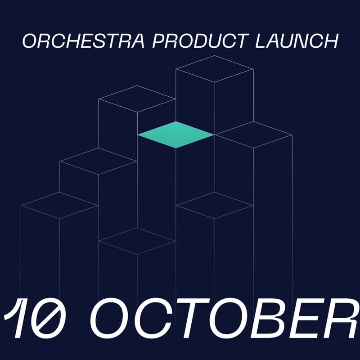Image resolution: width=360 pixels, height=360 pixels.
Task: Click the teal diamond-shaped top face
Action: coord(175,135)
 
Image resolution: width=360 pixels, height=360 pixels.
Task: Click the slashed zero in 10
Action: coord(52,319)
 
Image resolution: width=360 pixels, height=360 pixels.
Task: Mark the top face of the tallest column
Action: coord(214,69)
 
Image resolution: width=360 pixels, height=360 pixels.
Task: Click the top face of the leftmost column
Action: coord(59,206)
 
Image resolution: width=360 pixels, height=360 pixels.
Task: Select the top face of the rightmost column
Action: coord(253,135)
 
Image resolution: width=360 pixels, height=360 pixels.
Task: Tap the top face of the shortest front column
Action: coord(137,241)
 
